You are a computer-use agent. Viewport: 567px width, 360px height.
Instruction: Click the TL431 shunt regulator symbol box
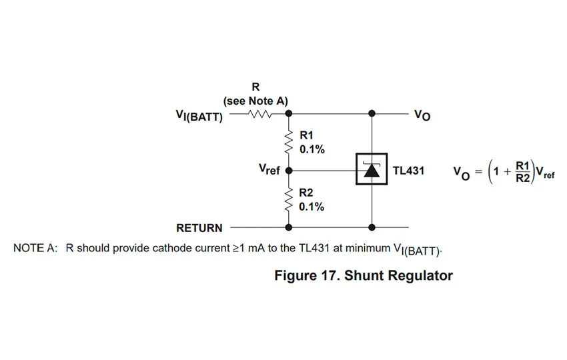tap(372, 170)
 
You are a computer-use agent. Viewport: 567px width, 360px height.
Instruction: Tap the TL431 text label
tap(408, 171)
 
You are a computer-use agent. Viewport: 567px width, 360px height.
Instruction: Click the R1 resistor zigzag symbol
tap(289, 141)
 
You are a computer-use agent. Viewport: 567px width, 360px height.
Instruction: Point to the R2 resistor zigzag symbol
tap(289, 199)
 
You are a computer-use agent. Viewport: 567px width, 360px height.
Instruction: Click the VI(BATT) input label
tap(199, 116)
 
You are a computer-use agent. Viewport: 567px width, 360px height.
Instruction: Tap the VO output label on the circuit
tap(422, 116)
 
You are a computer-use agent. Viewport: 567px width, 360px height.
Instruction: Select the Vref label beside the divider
tap(269, 170)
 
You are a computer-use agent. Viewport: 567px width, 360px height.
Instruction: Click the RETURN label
tap(199, 228)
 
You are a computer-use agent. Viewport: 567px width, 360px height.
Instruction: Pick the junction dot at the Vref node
tap(289, 170)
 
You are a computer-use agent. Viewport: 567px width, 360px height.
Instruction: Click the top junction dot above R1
tap(289, 114)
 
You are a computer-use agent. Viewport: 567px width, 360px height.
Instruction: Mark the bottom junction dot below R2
tap(289, 227)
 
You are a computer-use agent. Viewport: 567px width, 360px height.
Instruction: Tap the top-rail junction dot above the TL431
tap(372, 114)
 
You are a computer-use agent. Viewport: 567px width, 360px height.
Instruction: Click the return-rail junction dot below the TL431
tap(372, 227)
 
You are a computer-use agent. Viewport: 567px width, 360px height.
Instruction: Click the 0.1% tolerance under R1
tap(312, 149)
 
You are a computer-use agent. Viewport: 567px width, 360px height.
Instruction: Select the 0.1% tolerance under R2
tap(312, 207)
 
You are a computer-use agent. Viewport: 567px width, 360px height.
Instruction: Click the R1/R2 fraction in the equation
tap(522, 171)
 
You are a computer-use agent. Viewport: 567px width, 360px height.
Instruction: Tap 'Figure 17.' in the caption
tap(308, 276)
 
